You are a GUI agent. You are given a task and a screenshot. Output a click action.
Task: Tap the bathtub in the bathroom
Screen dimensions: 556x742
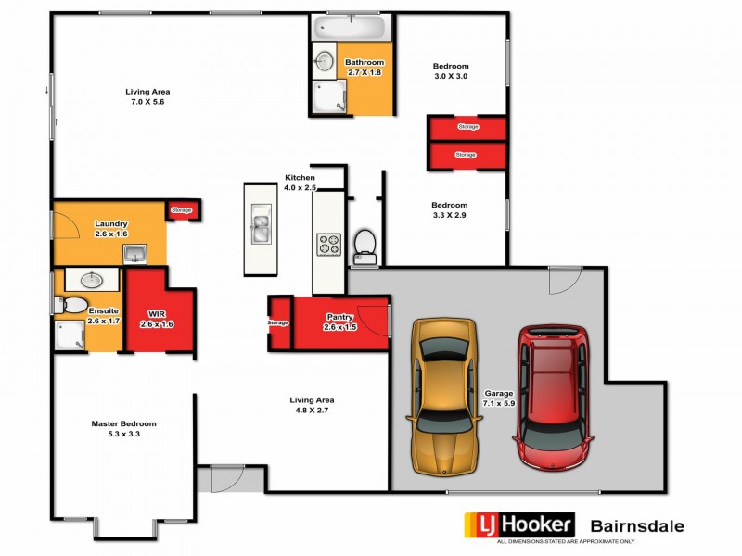tap(352, 27)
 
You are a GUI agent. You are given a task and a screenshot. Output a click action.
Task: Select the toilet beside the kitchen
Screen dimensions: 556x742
tap(365, 245)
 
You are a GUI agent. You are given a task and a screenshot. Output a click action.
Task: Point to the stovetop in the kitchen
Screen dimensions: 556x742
tap(329, 245)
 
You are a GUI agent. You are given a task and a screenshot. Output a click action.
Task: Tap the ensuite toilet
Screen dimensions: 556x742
tap(71, 305)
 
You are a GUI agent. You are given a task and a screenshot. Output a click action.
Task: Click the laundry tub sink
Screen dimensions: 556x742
tap(134, 252)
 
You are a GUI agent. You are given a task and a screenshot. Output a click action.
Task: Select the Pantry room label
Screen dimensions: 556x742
tap(339, 322)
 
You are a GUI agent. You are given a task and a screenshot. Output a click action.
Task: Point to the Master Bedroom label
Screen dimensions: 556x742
tap(123, 428)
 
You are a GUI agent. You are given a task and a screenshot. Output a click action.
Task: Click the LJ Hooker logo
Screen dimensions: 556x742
tap(518, 525)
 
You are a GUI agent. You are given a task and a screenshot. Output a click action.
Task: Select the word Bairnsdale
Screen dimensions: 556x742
tap(638, 526)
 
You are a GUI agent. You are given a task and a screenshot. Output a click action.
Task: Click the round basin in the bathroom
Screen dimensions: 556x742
tap(325, 61)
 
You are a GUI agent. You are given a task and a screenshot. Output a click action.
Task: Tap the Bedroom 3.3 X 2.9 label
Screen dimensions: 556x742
tap(450, 209)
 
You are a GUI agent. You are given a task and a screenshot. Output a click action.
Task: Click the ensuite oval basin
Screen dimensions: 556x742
tap(91, 279)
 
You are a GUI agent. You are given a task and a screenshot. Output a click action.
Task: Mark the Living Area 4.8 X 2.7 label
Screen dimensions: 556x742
tap(312, 404)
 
